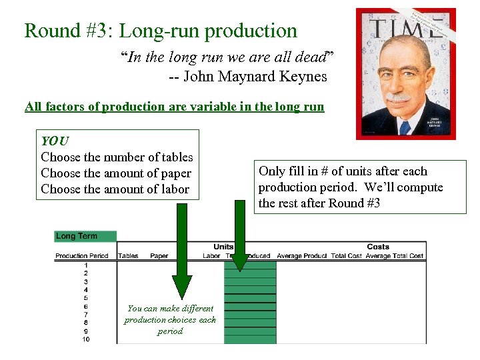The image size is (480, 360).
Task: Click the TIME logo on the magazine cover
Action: pyautogui.click(x=407, y=28)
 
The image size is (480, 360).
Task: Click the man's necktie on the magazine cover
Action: pyautogui.click(x=404, y=126)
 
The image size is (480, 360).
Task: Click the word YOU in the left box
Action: pyautogui.click(x=55, y=141)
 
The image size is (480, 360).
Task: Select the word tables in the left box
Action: pyautogui.click(x=177, y=157)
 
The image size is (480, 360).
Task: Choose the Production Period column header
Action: pyautogui.click(x=81, y=256)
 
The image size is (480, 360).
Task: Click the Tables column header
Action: pyautogui.click(x=128, y=256)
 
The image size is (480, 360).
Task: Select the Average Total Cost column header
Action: pyautogui.click(x=394, y=256)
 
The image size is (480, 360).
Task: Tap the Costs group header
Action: pyautogui.click(x=378, y=247)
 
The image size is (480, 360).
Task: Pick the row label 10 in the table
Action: pyautogui.click(x=86, y=339)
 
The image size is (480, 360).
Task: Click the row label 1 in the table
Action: pyautogui.click(x=86, y=265)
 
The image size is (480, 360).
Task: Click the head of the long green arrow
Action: pyautogui.click(x=181, y=287)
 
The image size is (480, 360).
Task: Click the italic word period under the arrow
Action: pyautogui.click(x=170, y=331)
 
